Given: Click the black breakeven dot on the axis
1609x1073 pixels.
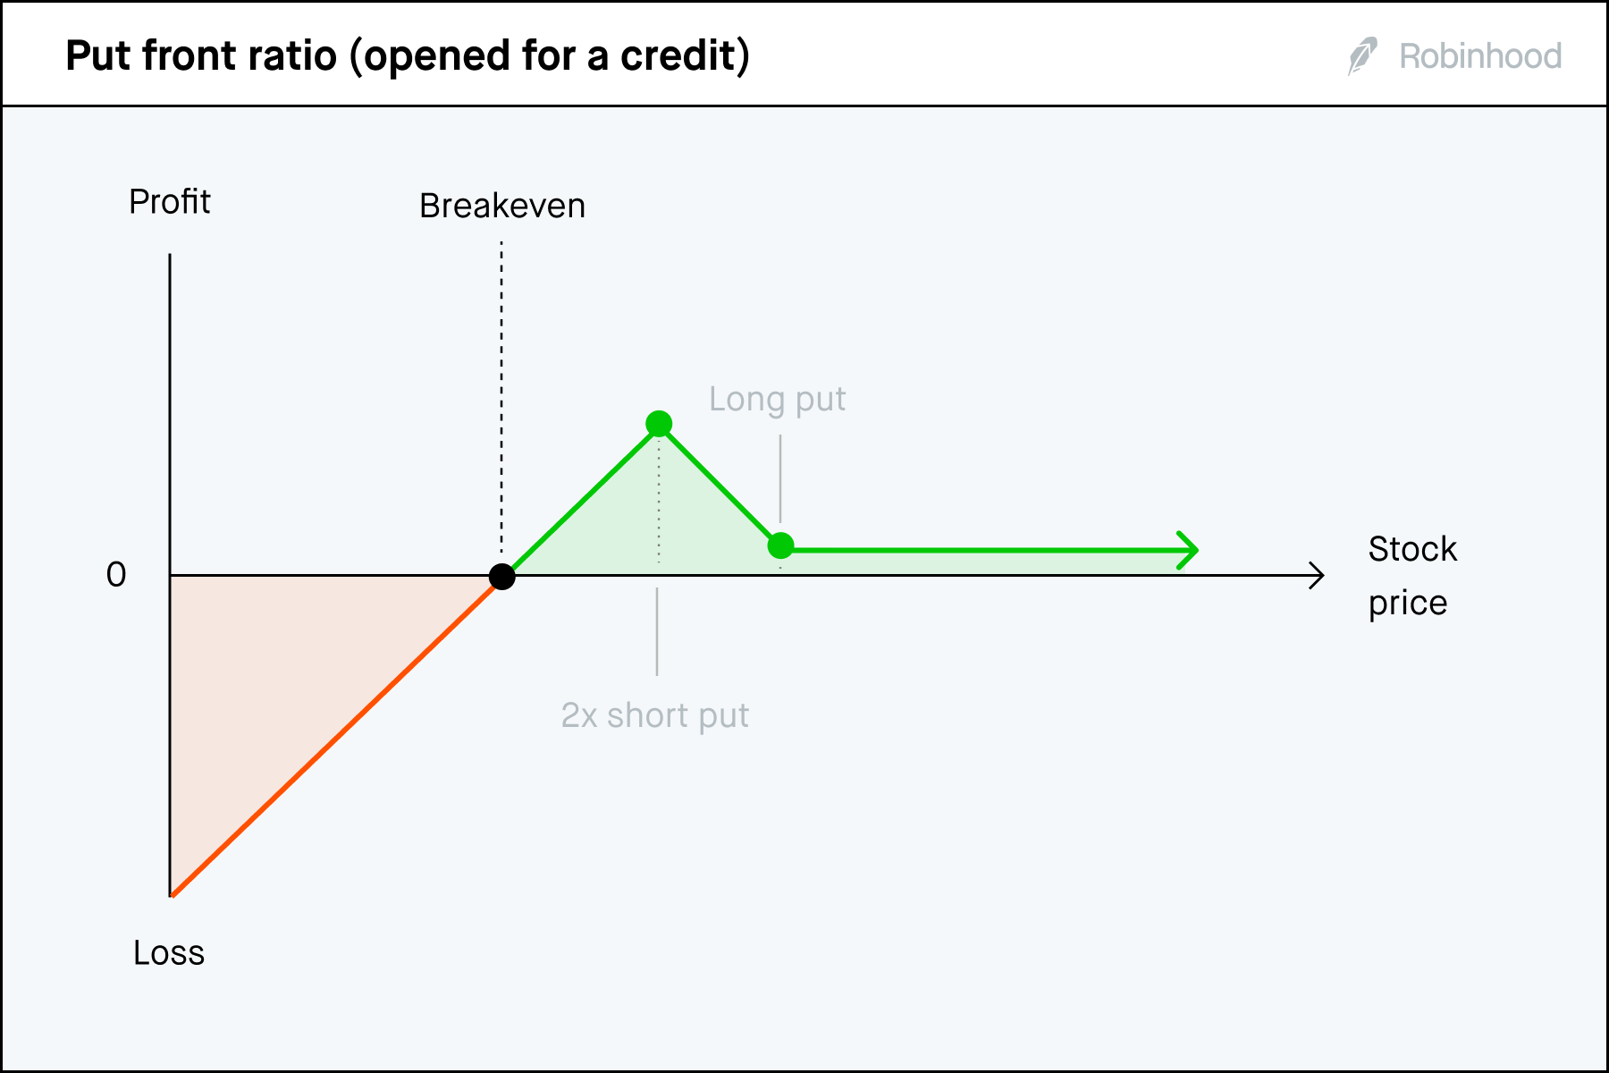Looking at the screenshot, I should click(502, 577).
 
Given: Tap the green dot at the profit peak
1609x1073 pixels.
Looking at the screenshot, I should click(659, 424).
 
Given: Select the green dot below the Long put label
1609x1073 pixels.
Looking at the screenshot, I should click(780, 545).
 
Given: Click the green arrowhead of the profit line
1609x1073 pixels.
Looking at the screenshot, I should click(1188, 550).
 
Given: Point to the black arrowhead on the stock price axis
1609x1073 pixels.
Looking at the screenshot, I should click(1316, 576).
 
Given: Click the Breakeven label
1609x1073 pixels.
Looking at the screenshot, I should click(502, 207).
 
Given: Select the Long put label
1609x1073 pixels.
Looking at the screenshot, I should click(777, 400).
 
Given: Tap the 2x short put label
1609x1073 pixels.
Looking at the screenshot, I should click(654, 715).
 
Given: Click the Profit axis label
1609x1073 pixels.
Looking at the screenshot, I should click(170, 202).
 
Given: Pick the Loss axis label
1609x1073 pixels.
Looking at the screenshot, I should click(169, 953).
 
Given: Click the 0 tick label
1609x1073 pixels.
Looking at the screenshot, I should click(116, 575).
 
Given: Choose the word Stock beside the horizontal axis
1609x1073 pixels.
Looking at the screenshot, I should click(1412, 549).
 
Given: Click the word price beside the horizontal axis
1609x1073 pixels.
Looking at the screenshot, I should click(1407, 604).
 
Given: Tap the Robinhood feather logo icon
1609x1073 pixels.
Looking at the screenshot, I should click(1362, 56).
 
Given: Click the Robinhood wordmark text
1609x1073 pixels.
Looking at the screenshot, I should click(1480, 56).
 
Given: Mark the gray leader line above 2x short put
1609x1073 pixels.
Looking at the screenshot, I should click(657, 631).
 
